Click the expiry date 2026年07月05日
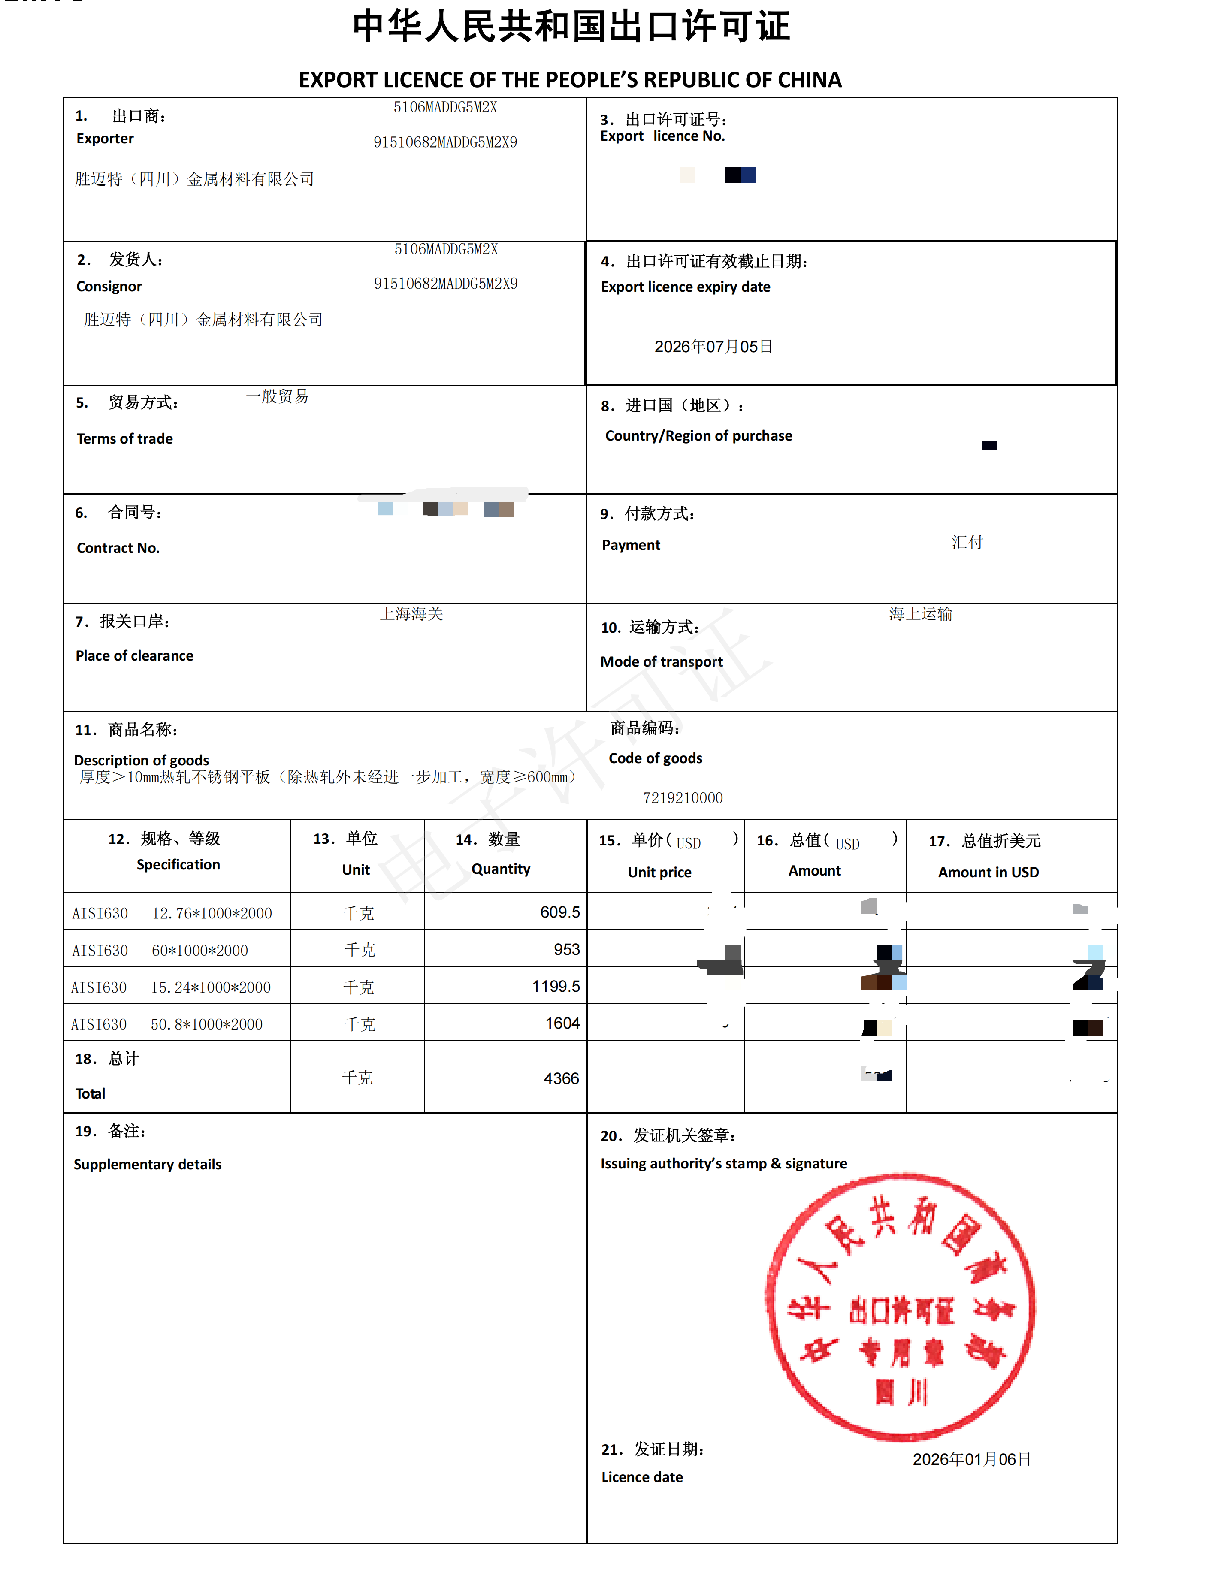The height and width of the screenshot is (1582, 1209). click(713, 347)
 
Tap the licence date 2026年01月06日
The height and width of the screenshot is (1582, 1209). click(971, 1459)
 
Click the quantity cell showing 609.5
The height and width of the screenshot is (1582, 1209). click(560, 912)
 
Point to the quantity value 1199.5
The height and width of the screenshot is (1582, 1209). click(556, 986)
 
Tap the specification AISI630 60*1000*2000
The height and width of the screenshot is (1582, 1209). click(160, 950)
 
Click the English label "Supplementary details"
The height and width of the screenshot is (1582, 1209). click(148, 1164)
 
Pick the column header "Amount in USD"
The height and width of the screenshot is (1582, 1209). click(988, 872)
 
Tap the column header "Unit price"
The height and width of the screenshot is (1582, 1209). click(659, 872)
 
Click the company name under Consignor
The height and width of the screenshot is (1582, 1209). click(203, 320)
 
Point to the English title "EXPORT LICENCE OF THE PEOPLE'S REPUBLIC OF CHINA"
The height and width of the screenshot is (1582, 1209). click(570, 80)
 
